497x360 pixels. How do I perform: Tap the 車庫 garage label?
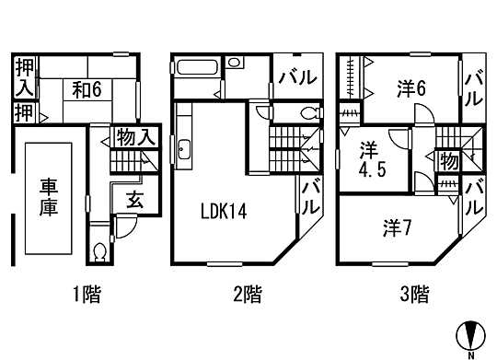pos(50,198)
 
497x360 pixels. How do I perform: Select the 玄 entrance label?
pos(134,199)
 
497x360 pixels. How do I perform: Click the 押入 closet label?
pos(24,76)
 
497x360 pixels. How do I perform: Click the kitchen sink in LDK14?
pos(182,149)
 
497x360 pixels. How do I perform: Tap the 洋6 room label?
pos(411,89)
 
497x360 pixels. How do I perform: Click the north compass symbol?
pos(470,335)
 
